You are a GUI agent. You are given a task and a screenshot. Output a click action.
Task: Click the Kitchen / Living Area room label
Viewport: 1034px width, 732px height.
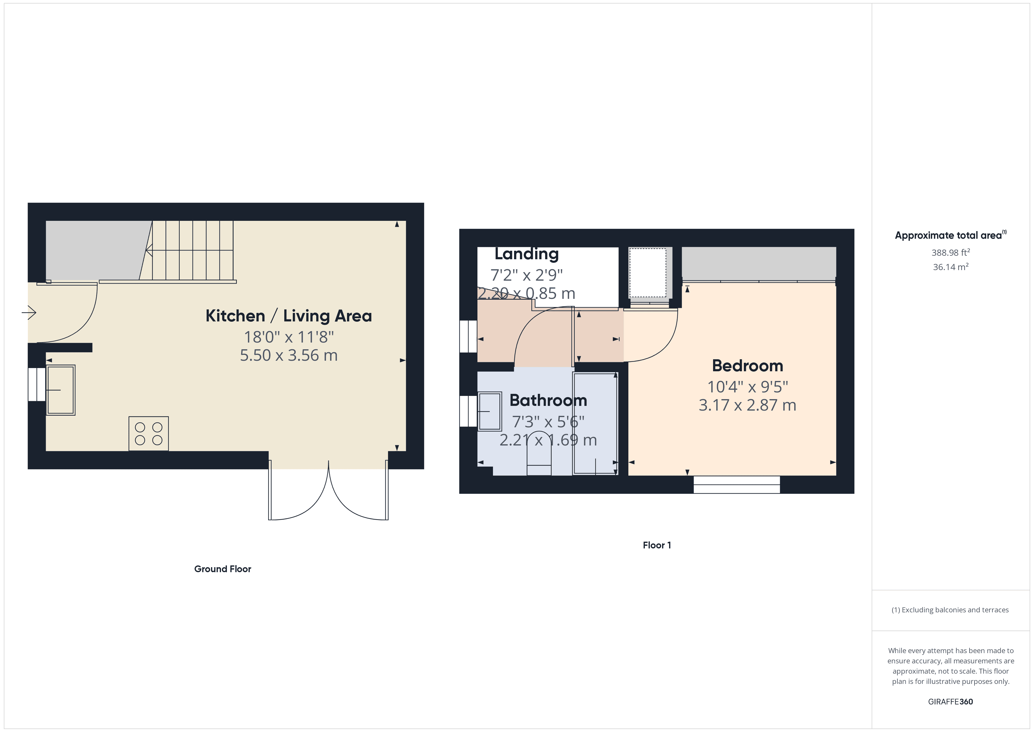[x=289, y=316]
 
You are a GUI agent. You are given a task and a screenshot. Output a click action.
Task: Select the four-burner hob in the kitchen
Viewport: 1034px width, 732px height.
[x=149, y=434]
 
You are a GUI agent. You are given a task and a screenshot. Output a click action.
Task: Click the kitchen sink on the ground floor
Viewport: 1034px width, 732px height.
[x=61, y=390]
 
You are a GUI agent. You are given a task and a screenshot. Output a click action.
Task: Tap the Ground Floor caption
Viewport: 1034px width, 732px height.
[x=222, y=569]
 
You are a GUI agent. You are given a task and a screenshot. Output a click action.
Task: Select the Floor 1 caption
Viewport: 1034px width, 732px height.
[x=657, y=545]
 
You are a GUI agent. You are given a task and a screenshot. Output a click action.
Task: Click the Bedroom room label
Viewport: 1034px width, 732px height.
[x=747, y=365]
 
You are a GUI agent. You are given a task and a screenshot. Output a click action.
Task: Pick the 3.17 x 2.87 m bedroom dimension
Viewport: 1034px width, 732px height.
[x=747, y=405]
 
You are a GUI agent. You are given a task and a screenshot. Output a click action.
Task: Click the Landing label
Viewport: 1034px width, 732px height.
[x=526, y=254]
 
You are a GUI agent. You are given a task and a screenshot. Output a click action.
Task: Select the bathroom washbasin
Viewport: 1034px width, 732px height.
[x=489, y=411]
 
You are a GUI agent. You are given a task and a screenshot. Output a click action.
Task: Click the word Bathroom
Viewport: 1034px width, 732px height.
[x=548, y=400]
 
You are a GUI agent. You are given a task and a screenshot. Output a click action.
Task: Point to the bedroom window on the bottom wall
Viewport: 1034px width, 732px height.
[x=736, y=484]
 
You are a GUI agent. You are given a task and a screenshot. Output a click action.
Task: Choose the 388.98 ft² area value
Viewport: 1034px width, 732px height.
[x=950, y=253]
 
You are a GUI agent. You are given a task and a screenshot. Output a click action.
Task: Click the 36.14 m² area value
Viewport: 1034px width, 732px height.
[x=950, y=267]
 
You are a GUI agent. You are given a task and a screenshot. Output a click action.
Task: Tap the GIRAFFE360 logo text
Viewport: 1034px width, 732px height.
[x=950, y=701]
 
